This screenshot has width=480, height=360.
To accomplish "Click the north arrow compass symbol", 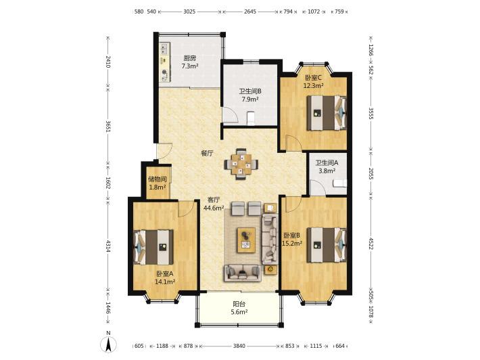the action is click(x=108, y=343).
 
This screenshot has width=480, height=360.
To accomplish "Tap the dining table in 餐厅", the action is click(x=241, y=164).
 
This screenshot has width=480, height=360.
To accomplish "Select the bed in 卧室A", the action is click(x=153, y=247).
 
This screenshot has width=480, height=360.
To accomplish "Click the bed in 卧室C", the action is click(x=327, y=113).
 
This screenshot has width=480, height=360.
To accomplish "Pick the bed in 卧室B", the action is click(x=327, y=245).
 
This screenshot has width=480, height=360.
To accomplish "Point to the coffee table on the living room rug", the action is click(x=246, y=240).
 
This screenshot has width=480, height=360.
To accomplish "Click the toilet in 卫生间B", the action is click(x=251, y=118).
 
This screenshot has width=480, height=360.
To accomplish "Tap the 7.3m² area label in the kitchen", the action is click(x=189, y=66).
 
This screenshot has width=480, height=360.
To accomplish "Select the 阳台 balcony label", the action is click(x=239, y=304).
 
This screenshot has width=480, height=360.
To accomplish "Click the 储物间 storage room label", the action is click(x=158, y=179).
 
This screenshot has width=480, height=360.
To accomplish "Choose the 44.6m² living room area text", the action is click(x=214, y=208).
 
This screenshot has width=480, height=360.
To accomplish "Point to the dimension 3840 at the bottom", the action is click(x=239, y=346).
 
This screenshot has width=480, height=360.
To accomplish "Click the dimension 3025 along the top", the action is click(x=189, y=12).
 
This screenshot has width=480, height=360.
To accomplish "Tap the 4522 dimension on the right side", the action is click(x=371, y=244).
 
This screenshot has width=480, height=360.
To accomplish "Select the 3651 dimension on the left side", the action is click(x=107, y=127).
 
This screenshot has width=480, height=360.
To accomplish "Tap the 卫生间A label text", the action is click(x=327, y=163).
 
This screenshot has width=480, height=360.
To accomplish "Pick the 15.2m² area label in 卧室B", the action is click(x=292, y=244).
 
